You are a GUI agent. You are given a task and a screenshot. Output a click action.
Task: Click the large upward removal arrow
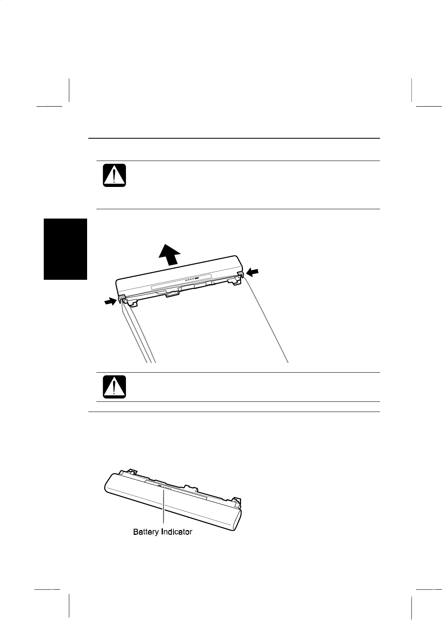pyautogui.click(x=169, y=255)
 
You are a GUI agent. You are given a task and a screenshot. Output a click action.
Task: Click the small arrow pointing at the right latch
pyautogui.click(x=252, y=272)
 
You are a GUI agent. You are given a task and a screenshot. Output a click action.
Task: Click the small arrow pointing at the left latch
pyautogui.click(x=110, y=301)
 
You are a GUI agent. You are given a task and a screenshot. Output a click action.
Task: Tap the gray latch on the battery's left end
pyautogui.click(x=122, y=298)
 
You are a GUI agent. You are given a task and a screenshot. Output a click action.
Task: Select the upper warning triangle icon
pyautogui.click(x=114, y=175)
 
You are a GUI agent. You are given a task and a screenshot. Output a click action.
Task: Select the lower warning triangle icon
pyautogui.click(x=114, y=387)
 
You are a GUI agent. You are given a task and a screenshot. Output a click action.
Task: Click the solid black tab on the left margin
pyautogui.click(x=65, y=249)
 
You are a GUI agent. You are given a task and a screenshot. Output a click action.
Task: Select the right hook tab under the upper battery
pyautogui.click(x=233, y=282)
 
